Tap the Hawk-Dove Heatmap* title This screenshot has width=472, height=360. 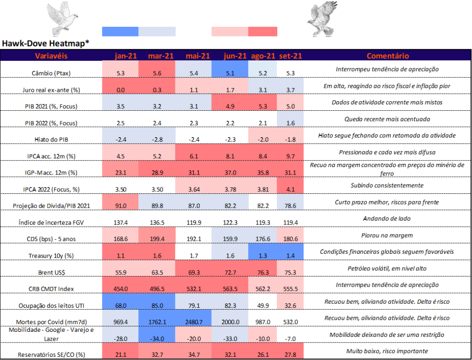click(46, 43)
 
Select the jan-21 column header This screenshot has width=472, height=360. click(120, 56)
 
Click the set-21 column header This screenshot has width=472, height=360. click(290, 56)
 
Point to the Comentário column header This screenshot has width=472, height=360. click(388, 56)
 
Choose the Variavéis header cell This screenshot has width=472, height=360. click(51, 56)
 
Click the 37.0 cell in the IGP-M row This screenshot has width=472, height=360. click(230, 172)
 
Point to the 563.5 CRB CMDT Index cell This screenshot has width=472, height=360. click(230, 288)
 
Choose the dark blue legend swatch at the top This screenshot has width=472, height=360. click(120, 31)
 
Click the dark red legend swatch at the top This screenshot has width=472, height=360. click(263, 31)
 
